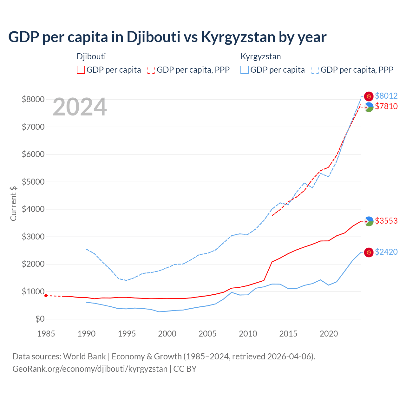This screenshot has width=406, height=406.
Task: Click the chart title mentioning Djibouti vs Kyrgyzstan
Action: tap(167, 37)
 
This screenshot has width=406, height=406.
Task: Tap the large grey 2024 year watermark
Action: tap(80, 107)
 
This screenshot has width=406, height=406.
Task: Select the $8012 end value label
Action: tap(386, 96)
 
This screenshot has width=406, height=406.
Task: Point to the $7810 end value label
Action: tap(386, 106)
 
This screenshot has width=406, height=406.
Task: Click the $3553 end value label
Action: tap(386, 221)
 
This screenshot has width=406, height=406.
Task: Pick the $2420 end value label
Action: tap(386, 252)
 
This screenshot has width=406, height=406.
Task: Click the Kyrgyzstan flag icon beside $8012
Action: tap(369, 96)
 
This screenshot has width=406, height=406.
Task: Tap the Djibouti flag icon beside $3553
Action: tap(369, 221)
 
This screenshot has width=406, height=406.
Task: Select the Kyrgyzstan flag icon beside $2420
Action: tap(369, 252)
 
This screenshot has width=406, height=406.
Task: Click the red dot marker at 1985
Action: tap(46, 296)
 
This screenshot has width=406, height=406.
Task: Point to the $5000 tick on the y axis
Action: tap(33, 182)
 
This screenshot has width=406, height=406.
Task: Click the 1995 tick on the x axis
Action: tap(127, 334)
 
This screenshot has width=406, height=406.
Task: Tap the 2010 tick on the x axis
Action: tap(248, 334)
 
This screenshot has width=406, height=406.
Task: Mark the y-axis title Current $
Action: tap(13, 203)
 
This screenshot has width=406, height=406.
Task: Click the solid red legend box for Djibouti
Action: tap(81, 70)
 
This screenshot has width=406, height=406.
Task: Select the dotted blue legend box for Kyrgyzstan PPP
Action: tap(315, 70)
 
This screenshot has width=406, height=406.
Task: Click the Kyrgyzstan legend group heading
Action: tap(260, 57)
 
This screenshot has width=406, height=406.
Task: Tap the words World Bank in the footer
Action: tap(84, 357)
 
